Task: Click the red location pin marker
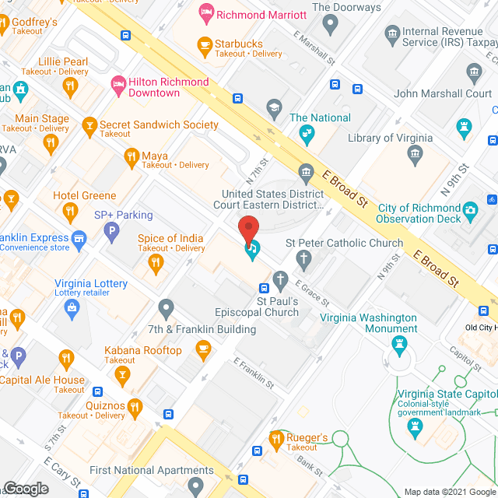(248, 230)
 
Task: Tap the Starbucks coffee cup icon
(205, 44)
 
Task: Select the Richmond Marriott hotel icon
(205, 11)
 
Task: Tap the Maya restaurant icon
(131, 156)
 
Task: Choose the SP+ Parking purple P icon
(112, 230)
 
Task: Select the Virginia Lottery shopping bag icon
(72, 309)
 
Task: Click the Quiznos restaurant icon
(135, 405)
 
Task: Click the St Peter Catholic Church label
(345, 243)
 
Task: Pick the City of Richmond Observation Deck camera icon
(470, 209)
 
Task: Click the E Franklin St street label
(254, 373)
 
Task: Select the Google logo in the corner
(25, 489)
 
